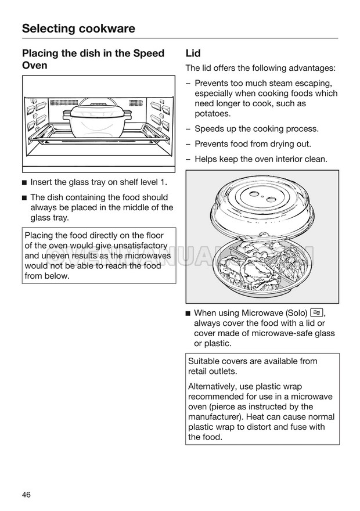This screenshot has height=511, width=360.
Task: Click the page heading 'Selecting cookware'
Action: point(78,28)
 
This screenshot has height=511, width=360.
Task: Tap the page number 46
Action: point(27,494)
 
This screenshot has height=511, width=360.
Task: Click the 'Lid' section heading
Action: point(193,53)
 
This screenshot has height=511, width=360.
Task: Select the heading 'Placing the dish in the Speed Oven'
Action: point(93,59)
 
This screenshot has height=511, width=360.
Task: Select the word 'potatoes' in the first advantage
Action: point(213,114)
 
